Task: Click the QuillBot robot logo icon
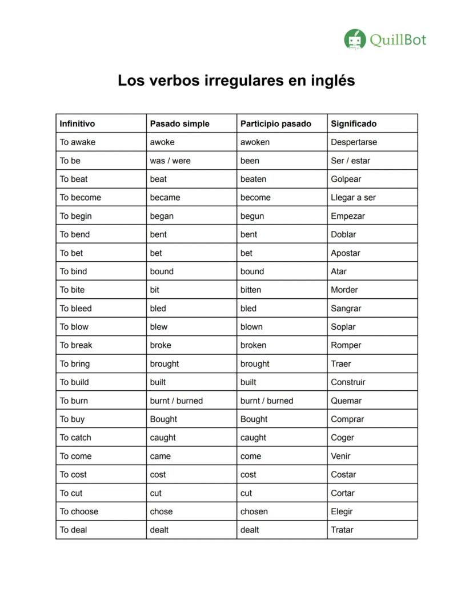(x=354, y=39)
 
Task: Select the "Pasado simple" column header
(x=179, y=123)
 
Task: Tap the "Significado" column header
(x=354, y=123)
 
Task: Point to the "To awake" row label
(x=78, y=142)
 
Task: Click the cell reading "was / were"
(x=170, y=161)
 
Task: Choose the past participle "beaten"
(x=253, y=179)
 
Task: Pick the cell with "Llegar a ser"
(x=353, y=198)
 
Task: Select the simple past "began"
(x=162, y=216)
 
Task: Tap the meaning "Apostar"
(x=345, y=253)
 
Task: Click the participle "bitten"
(x=251, y=290)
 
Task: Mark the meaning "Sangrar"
(x=346, y=309)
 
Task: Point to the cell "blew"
(x=159, y=327)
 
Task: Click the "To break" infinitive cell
(x=76, y=345)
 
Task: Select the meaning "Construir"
(x=348, y=382)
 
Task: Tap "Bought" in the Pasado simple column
(x=163, y=419)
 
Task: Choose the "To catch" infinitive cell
(x=75, y=438)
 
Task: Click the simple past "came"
(x=161, y=456)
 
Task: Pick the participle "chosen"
(x=254, y=511)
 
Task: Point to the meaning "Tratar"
(x=342, y=530)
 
